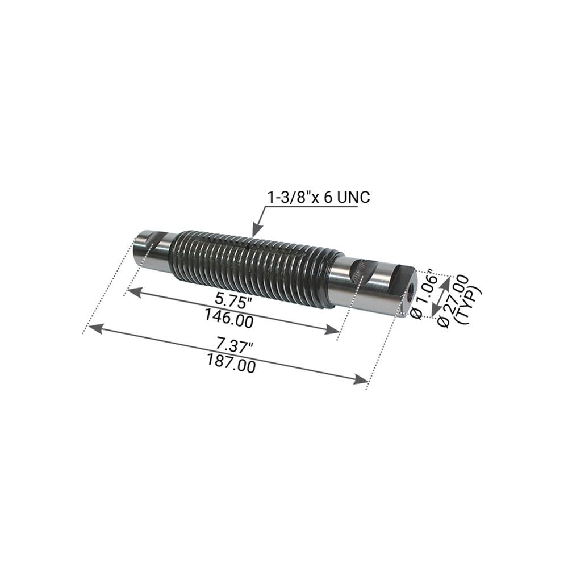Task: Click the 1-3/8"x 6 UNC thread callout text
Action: (x=319, y=198)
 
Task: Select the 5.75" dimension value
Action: (x=233, y=301)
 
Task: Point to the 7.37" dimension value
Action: (x=235, y=347)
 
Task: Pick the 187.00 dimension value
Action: (x=231, y=364)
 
